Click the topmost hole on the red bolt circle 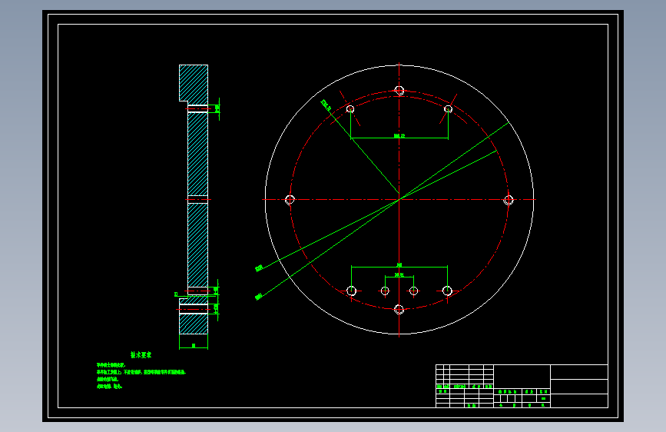[399, 91]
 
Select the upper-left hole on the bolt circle [350, 109]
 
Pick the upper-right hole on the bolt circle [449, 109]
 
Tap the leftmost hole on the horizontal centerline [290, 200]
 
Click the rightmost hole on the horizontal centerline [508, 200]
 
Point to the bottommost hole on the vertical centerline [399, 309]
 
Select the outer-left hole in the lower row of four [352, 291]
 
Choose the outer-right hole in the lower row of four [447, 291]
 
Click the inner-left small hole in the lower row [385, 291]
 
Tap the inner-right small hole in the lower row [413, 291]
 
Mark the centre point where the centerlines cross [399, 200]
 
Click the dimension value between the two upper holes [399, 136]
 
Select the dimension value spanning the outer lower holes [399, 264]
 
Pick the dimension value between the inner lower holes [399, 274]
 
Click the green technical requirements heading [141, 355]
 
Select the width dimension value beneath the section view [194, 346]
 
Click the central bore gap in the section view [197, 200]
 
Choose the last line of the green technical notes [110, 387]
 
